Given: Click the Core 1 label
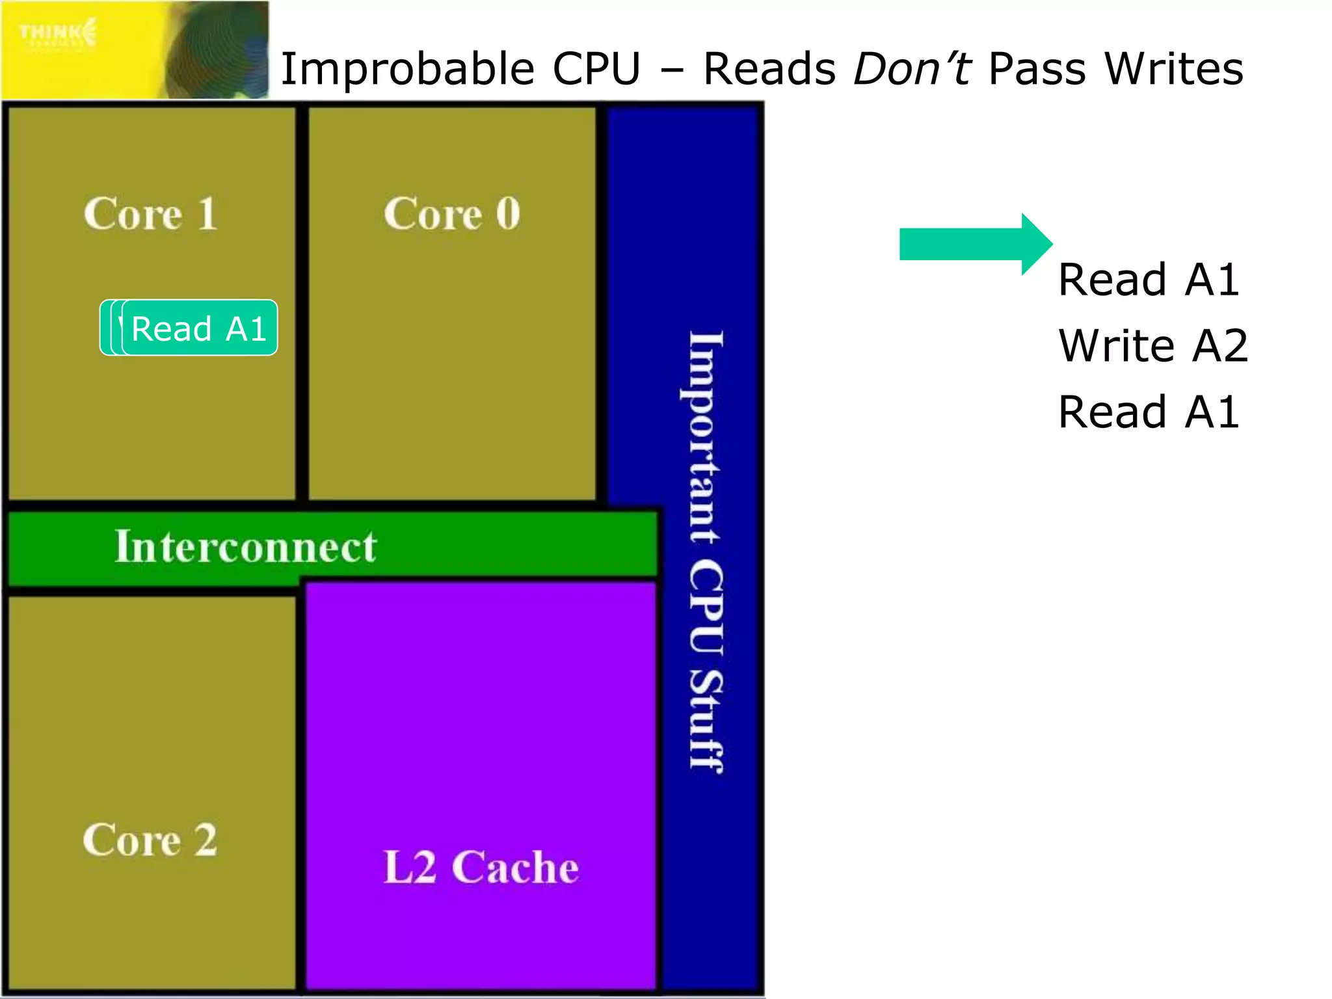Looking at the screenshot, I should point(150,214).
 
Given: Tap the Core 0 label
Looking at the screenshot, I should point(451,214).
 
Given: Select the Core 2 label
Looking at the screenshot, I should point(150,840).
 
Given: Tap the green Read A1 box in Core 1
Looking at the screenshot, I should point(199,328).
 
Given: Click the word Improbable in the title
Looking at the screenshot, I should point(407,69).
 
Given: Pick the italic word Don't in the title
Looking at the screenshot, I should point(912,69).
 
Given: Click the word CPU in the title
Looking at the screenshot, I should point(596,69).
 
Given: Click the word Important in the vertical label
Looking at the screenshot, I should point(706,436).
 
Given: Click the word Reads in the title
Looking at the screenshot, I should point(769,69).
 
